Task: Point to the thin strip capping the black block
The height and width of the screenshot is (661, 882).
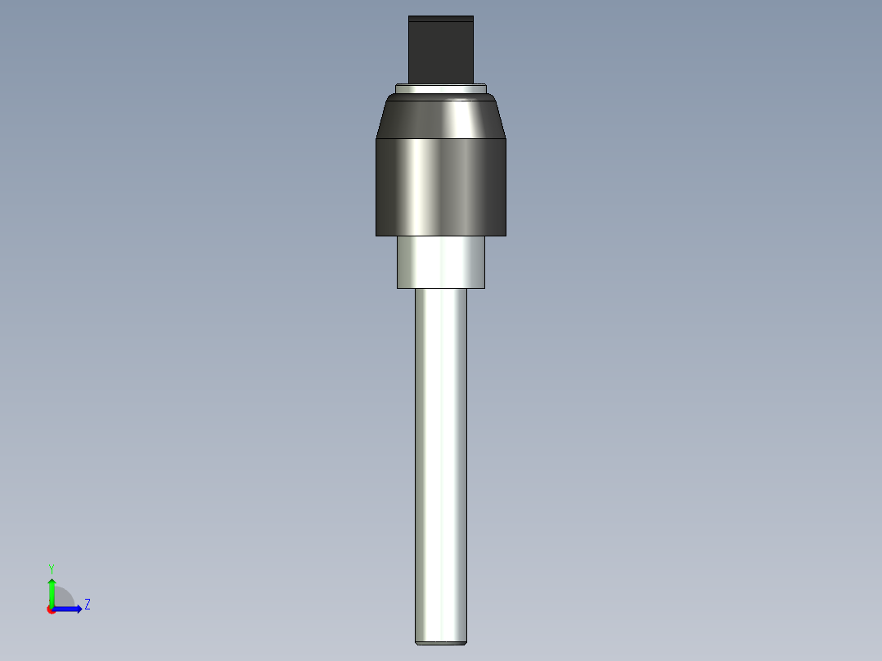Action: point(441,18)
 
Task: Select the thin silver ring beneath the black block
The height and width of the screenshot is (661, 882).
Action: point(441,88)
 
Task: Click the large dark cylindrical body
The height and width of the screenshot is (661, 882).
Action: point(441,187)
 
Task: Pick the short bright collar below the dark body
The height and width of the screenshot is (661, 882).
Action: point(441,262)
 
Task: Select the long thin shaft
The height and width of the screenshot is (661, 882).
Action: point(441,458)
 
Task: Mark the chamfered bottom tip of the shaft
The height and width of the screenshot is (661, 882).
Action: point(441,643)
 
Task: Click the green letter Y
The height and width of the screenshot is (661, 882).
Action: point(51,568)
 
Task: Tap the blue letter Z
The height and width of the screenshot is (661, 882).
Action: point(87,605)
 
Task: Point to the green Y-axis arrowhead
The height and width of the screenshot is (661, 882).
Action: point(51,583)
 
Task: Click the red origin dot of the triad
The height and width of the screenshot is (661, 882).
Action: point(51,609)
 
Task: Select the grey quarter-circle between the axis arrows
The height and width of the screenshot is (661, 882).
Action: point(64,598)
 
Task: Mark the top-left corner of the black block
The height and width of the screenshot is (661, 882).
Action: point(409,16)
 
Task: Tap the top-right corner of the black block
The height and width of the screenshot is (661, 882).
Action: point(473,16)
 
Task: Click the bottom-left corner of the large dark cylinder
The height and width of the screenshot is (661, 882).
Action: point(376,236)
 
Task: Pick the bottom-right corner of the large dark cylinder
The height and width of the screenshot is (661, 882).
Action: point(506,236)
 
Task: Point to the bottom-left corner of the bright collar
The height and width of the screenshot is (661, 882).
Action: point(398,288)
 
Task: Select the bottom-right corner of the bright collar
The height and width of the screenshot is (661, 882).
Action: point(484,288)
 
